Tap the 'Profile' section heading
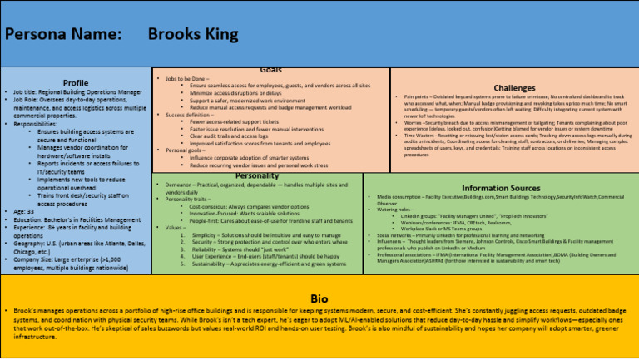click(76, 83)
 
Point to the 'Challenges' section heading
click(514, 87)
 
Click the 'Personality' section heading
click(257, 175)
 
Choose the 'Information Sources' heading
click(502, 188)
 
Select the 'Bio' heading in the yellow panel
click(319, 298)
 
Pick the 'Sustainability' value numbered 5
click(267, 264)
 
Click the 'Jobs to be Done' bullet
click(187, 78)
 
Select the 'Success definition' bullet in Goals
click(192, 114)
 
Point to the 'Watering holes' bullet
click(396, 210)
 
